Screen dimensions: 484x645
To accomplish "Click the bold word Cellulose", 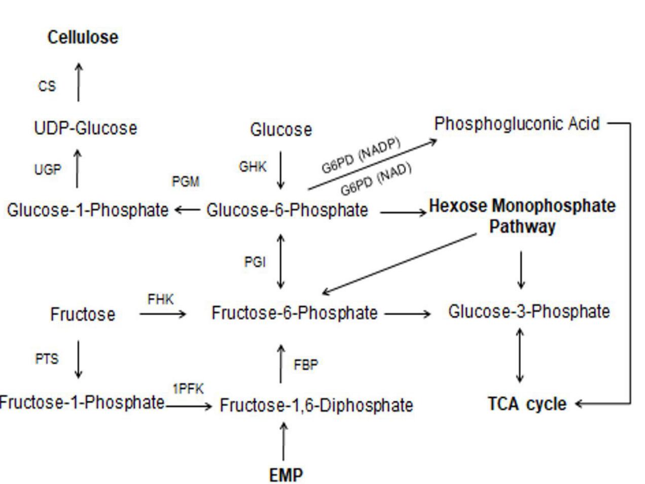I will click(83, 37).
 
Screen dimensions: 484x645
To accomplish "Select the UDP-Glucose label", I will click(85, 128).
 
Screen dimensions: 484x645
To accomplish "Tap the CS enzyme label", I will click(47, 86).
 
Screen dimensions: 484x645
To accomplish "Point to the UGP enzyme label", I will click(47, 170).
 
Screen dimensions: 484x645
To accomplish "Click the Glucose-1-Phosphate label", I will click(87, 210).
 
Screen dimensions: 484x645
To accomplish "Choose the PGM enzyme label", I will click(186, 181).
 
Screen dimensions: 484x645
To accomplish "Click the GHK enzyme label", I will click(252, 167).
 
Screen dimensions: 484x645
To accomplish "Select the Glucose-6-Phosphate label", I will click(287, 210).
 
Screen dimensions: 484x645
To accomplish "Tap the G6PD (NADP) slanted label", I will click(361, 155).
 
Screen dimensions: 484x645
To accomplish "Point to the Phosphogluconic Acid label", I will click(517, 124).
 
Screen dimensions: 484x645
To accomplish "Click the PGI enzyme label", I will click(255, 262).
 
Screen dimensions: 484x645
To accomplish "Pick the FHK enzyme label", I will click(160, 300).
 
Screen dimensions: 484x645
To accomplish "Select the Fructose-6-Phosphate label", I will click(294, 313).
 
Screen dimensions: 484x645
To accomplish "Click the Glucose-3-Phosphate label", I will click(529, 311).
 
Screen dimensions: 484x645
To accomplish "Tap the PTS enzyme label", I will click(47, 359).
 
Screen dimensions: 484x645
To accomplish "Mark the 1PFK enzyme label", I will click(188, 389).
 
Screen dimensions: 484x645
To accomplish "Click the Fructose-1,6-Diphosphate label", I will click(316, 405).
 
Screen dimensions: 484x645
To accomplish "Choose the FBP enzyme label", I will click(306, 365).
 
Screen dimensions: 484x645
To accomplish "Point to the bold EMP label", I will click(286, 475).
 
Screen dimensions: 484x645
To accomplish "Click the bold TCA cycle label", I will click(527, 404).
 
